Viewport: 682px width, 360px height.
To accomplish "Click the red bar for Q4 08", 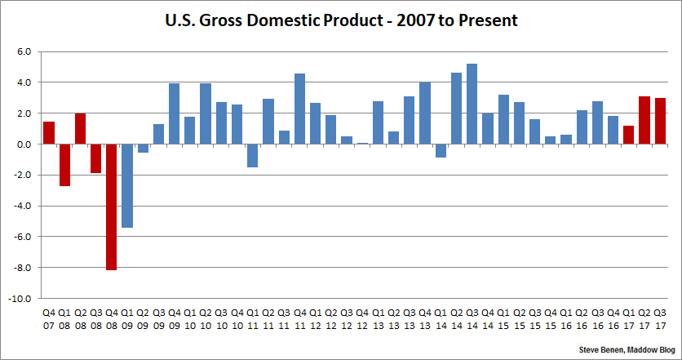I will [111, 207].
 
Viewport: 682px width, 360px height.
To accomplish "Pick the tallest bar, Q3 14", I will [472, 104].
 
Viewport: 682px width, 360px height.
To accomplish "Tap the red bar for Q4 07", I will [49, 133].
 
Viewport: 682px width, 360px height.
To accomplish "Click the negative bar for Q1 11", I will [252, 155].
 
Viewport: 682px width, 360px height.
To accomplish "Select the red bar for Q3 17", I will [660, 121].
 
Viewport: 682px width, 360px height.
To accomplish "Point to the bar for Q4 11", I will [299, 109].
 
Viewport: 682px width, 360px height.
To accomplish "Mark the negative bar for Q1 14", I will [441, 150].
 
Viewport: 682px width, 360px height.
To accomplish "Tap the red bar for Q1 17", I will [628, 135].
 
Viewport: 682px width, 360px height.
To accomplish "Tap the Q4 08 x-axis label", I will [111, 318].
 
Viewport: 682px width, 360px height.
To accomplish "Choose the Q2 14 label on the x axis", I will [456, 318].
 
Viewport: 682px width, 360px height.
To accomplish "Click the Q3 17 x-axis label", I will [660, 318].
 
